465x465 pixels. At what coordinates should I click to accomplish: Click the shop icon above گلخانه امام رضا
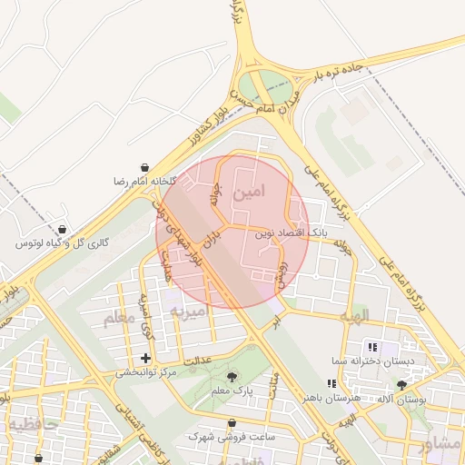145,167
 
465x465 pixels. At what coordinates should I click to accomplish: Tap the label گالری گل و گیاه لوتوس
61,243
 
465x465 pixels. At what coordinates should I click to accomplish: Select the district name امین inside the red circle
250,193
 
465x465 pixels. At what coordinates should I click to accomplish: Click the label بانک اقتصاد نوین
283,233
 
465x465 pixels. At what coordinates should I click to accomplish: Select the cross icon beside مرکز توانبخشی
145,358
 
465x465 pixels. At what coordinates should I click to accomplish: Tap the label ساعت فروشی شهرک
231,437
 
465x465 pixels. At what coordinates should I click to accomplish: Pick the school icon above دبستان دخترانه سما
371,346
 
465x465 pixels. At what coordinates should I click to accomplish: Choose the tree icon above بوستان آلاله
401,385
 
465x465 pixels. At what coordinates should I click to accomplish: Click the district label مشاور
440,442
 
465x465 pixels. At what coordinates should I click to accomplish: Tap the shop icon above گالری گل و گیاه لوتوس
61,229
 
